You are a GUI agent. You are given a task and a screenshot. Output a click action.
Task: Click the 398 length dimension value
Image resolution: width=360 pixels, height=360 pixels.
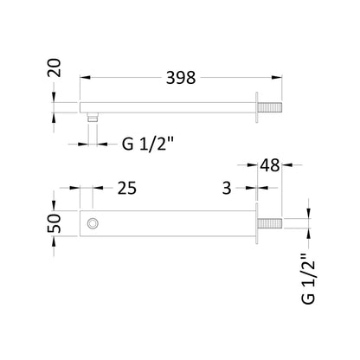181,78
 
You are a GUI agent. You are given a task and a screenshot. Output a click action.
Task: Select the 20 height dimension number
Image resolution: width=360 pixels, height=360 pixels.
55,67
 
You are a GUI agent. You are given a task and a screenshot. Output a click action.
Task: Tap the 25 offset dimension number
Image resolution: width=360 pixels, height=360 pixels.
127,188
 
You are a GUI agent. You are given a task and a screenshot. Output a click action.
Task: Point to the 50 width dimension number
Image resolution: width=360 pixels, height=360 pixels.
55,223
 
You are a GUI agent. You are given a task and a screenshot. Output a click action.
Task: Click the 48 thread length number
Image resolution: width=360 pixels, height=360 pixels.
270,165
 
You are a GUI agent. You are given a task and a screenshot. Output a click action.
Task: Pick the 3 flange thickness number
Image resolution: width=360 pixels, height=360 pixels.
227,188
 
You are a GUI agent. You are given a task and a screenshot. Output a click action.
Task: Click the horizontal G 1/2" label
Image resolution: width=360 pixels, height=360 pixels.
148,144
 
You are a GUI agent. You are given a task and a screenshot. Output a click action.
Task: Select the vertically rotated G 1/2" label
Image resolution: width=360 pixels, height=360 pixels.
308,279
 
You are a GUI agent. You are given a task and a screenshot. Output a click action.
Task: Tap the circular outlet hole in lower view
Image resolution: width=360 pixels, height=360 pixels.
93,223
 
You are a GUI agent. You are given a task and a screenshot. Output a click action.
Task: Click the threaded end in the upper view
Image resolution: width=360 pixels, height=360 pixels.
269,107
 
